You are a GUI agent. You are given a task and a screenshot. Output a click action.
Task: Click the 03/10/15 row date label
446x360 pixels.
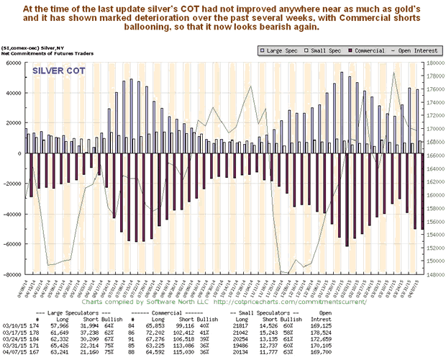point(14,321)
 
